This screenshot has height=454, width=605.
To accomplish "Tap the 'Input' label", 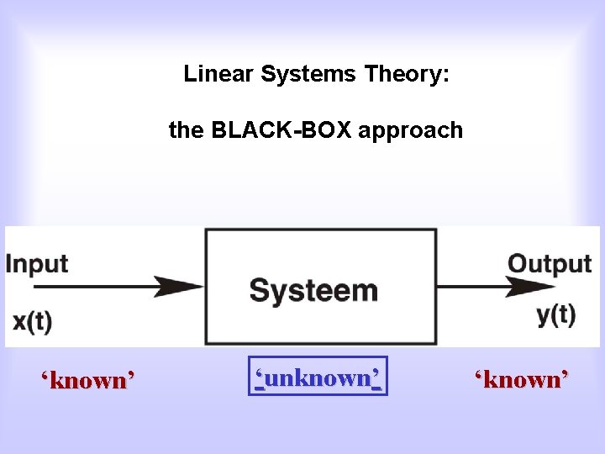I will pyautogui.click(x=37, y=263).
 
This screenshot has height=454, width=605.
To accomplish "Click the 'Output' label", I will pyautogui.click(x=550, y=263).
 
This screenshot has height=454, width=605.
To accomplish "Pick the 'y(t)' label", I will pyautogui.click(x=555, y=315).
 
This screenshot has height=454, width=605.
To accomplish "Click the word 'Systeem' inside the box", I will pyautogui.click(x=314, y=291).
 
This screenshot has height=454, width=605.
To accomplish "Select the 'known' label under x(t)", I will pyautogui.click(x=88, y=380).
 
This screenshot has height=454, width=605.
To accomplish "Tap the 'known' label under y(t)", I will pyautogui.click(x=522, y=379).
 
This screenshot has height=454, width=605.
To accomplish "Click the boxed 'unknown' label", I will pyautogui.click(x=318, y=378).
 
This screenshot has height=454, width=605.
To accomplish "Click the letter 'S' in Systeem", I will pyautogui.click(x=260, y=291).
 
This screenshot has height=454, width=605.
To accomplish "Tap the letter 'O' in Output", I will pyautogui.click(x=518, y=263).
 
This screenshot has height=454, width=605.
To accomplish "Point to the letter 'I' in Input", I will pyautogui.click(x=10, y=263).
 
